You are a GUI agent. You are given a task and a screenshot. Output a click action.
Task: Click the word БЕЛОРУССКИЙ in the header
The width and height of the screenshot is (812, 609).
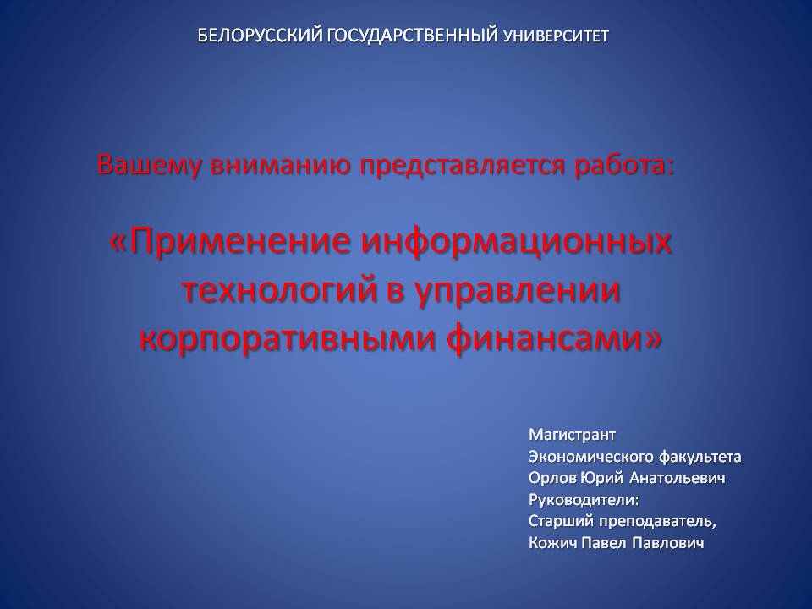coord(261,36)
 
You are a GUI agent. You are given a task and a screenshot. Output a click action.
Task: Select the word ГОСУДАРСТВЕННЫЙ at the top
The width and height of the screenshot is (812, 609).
coord(414,36)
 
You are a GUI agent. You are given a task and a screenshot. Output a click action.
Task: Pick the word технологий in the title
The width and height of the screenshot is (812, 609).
coord(280,290)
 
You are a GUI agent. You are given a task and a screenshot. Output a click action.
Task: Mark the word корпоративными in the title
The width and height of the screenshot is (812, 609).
coord(287,340)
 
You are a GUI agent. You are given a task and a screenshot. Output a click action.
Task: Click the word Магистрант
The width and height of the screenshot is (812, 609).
coord(572,435)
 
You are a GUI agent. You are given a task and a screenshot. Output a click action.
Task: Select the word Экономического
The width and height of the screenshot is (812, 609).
coord(591,457)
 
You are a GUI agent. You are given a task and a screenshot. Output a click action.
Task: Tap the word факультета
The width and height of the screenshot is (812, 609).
coord(700,457)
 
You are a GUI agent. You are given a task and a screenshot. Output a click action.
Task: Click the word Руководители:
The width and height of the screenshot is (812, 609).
coord(584,500)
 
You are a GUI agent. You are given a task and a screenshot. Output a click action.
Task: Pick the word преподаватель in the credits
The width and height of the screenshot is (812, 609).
coord(657,522)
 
